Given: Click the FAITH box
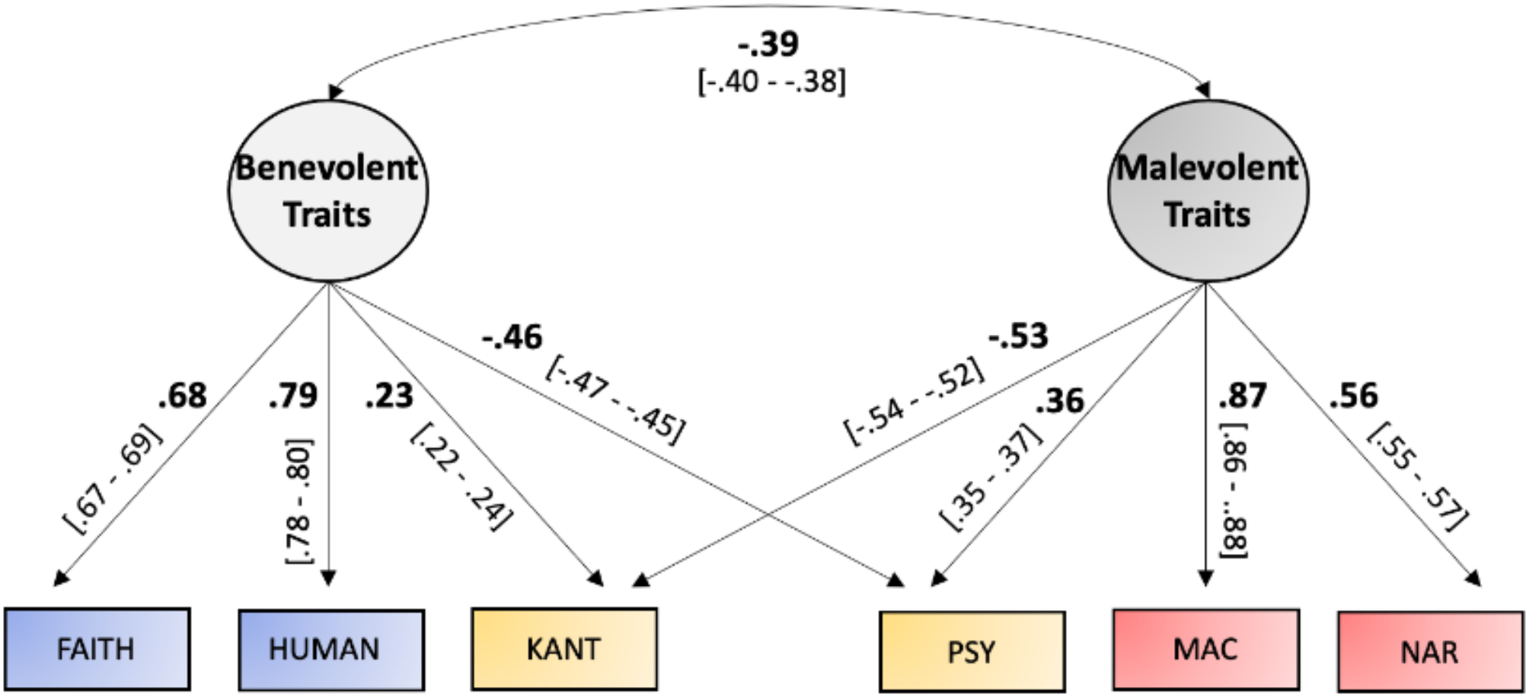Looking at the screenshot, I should tap(97, 649).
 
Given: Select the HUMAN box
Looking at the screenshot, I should tap(331, 649).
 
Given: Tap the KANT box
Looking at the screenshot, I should tap(564, 649).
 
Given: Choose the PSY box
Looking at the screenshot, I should tap(972, 652).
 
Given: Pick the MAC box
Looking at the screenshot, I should tap(1205, 649).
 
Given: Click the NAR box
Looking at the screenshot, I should tap(1430, 652).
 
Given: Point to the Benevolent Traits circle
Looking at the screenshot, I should tap(328, 191).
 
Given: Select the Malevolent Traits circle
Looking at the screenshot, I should tap(1208, 191).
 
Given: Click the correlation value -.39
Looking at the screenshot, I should tap(768, 44).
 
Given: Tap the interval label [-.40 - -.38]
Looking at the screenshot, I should tap(771, 81).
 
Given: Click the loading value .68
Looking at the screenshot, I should tap(182, 396).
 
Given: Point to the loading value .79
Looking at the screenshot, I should tap(292, 396).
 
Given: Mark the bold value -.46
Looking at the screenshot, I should tap(512, 336).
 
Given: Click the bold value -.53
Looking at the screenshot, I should tap(1018, 336).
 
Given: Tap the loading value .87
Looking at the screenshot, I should tap(1242, 396).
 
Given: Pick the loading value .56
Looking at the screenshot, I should tap(1353, 396).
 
